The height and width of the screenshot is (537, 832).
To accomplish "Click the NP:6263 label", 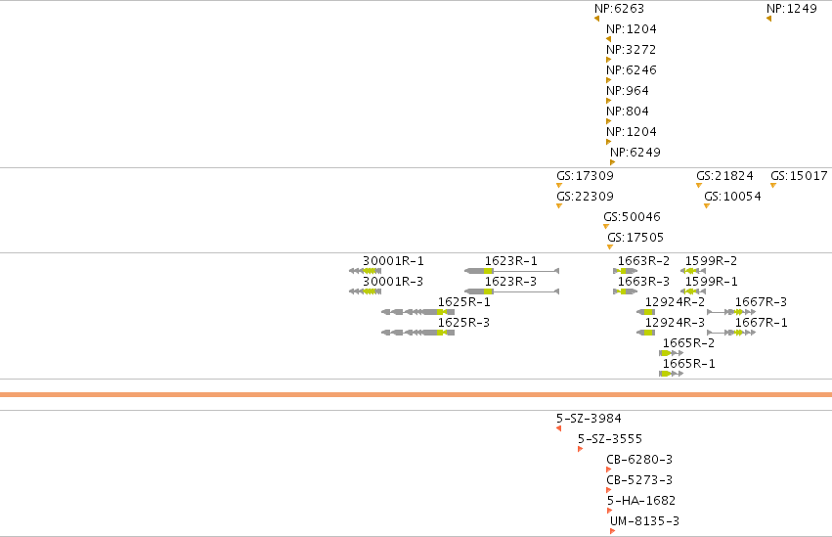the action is click(619, 9).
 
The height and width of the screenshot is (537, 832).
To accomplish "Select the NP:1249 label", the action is click(792, 9).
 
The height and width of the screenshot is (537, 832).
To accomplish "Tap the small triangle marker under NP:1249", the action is click(768, 20).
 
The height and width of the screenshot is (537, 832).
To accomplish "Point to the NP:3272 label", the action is click(632, 50).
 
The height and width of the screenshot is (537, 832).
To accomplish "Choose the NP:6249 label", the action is click(635, 153).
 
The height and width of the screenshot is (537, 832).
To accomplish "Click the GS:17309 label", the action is click(585, 176).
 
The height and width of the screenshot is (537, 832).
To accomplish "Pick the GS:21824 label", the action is click(724, 176).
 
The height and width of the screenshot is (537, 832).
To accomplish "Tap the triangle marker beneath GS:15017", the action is click(773, 186).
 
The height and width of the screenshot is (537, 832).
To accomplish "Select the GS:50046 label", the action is click(632, 217).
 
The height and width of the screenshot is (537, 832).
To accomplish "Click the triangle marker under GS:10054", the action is click(707, 206).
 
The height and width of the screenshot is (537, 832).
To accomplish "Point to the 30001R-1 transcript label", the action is click(393, 261).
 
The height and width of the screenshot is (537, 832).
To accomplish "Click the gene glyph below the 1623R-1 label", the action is click(511, 271).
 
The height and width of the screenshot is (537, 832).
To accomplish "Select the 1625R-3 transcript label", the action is click(463, 323).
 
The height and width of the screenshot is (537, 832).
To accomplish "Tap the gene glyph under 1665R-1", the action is click(672, 374).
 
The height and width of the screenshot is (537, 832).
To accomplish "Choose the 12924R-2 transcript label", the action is click(675, 302).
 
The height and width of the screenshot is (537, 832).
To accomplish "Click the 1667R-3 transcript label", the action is click(761, 302).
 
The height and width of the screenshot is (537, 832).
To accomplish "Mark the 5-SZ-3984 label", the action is click(589, 419).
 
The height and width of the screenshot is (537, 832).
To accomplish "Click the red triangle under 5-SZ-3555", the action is click(580, 449).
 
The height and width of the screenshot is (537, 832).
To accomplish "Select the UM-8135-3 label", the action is click(644, 521).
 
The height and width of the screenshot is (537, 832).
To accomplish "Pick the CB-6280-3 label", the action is click(639, 460).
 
